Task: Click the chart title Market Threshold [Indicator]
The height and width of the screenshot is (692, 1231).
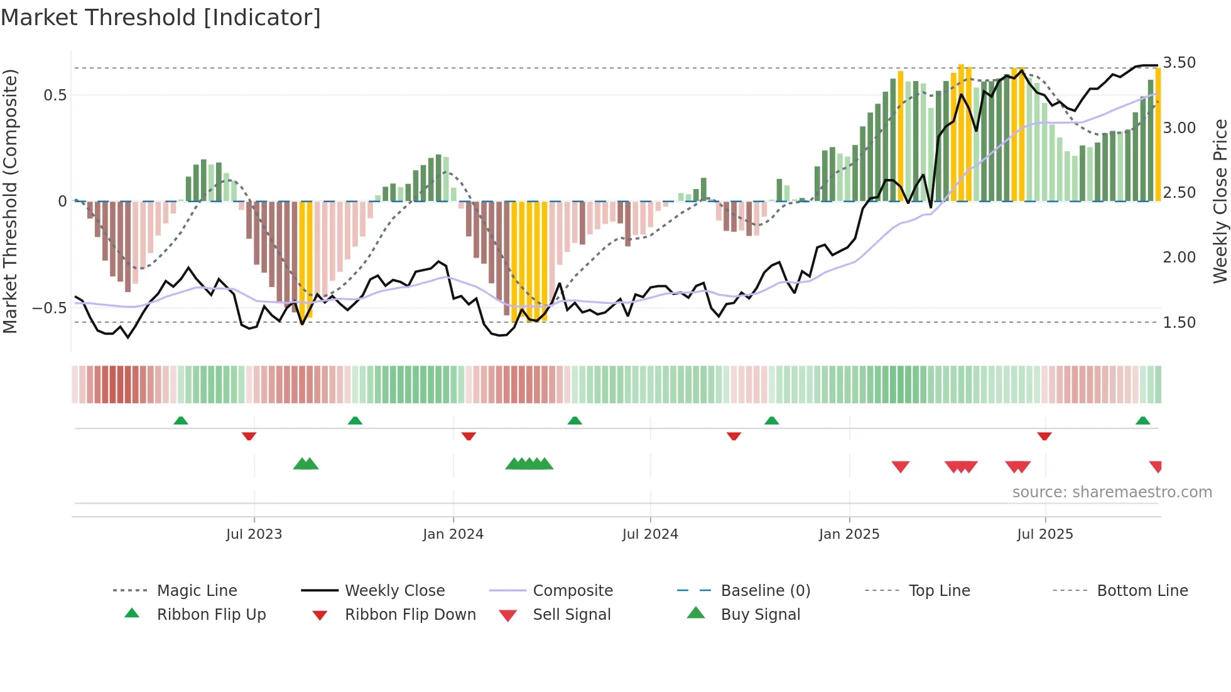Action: click(x=161, y=18)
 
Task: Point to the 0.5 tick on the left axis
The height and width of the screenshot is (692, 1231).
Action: click(x=55, y=95)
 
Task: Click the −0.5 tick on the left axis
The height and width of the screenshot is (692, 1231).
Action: click(x=50, y=308)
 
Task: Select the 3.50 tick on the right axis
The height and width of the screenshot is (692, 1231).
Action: click(x=1179, y=62)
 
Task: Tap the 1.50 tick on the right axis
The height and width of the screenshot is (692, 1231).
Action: click(x=1179, y=322)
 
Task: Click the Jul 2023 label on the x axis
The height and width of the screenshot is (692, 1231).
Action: click(x=254, y=534)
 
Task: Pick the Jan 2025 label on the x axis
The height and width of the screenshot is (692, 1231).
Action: click(x=849, y=534)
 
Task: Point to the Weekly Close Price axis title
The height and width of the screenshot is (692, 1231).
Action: click(x=1220, y=201)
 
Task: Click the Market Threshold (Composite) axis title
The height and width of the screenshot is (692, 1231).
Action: click(x=10, y=201)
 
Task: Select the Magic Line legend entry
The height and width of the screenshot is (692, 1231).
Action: click(x=197, y=591)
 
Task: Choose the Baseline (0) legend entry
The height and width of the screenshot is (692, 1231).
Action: click(x=765, y=591)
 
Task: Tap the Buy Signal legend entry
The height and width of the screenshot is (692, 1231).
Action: click(x=760, y=615)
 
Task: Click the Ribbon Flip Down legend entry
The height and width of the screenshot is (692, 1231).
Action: click(x=409, y=615)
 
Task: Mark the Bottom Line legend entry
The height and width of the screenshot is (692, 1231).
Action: click(x=1142, y=591)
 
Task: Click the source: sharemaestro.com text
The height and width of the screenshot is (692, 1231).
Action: click(x=1112, y=492)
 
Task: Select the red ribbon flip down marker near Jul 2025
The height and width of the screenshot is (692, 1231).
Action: click(x=1044, y=436)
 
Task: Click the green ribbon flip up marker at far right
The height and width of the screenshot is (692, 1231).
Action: click(x=1142, y=421)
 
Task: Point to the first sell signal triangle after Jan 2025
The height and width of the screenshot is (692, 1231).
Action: click(x=900, y=467)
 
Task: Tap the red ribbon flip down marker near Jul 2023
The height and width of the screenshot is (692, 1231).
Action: click(x=249, y=436)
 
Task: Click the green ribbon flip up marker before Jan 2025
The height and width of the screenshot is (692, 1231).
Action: click(x=771, y=421)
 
